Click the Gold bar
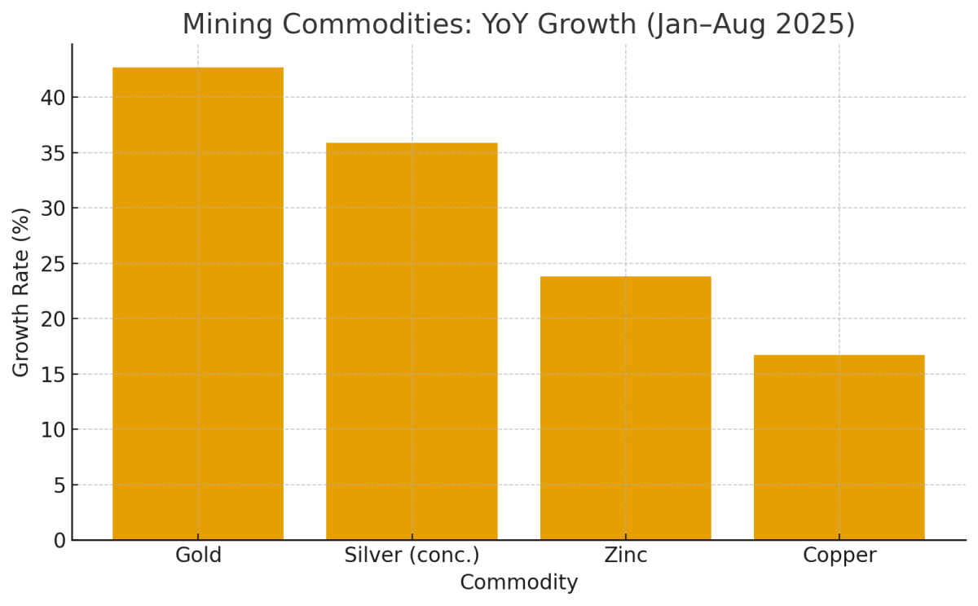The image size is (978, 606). pyautogui.click(x=198, y=303)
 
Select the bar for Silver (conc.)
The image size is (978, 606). pyautogui.click(x=412, y=341)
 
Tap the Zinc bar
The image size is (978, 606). pyautogui.click(x=625, y=408)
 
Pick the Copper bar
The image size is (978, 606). pyautogui.click(x=839, y=447)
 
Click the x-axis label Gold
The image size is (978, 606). pyautogui.click(x=198, y=555)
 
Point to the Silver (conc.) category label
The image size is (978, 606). pyautogui.click(x=412, y=555)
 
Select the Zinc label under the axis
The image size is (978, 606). pyautogui.click(x=626, y=555)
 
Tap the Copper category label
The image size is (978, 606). pyautogui.click(x=839, y=555)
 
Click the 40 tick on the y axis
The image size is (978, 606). pyautogui.click(x=52, y=98)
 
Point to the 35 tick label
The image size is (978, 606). pyautogui.click(x=52, y=153)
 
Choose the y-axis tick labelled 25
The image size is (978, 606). pyautogui.click(x=52, y=264)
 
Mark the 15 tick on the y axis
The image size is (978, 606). pyautogui.click(x=52, y=375)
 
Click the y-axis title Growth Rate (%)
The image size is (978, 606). pyautogui.click(x=21, y=292)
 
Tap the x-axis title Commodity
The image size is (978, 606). pyautogui.click(x=518, y=583)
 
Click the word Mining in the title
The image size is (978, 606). pyautogui.click(x=226, y=24)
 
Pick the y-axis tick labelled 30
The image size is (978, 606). pyautogui.click(x=52, y=209)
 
